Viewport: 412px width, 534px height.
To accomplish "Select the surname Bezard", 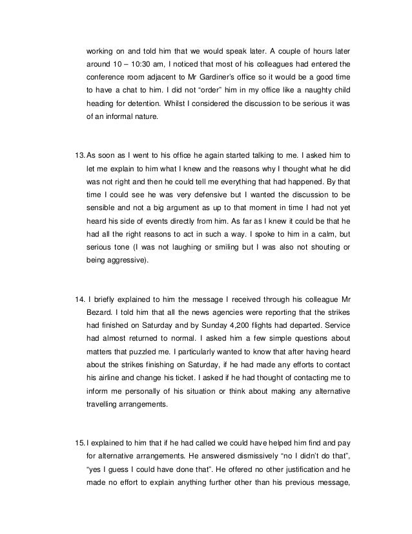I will point(100,303).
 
